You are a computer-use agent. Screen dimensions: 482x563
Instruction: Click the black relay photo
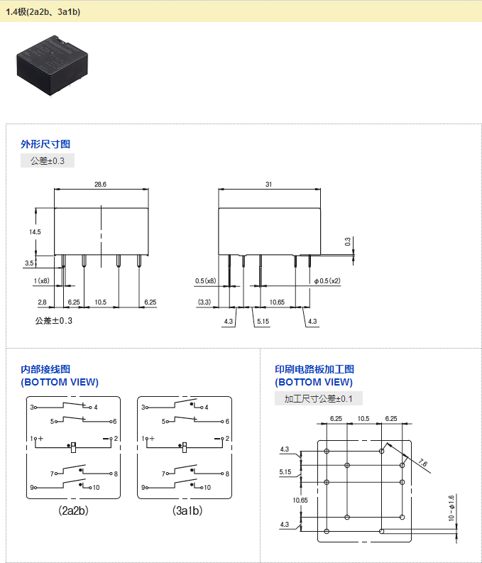(52, 66)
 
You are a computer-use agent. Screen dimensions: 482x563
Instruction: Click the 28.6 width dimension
(101, 184)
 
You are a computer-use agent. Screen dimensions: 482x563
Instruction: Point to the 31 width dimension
(269, 184)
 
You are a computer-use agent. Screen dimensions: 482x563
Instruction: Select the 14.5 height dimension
(35, 232)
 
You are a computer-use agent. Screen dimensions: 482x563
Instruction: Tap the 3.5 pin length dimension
(29, 263)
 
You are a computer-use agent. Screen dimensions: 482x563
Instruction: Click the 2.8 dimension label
(42, 302)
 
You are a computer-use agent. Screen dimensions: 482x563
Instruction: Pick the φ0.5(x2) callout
(327, 280)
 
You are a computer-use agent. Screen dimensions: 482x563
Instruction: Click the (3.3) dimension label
(204, 302)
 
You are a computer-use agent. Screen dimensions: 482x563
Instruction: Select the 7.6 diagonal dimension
(423, 463)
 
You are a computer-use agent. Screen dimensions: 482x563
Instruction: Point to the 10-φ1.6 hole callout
(451, 508)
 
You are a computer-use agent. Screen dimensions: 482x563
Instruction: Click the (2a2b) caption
(73, 510)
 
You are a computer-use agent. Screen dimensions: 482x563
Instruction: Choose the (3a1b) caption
(187, 510)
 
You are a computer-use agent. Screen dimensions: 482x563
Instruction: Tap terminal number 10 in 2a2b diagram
(96, 488)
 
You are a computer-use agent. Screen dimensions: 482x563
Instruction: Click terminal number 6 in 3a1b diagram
(227, 422)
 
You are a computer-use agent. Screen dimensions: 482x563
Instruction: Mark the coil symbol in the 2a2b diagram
(73, 447)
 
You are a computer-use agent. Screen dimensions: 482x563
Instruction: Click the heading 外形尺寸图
(45, 144)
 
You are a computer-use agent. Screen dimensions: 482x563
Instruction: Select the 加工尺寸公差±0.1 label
(318, 398)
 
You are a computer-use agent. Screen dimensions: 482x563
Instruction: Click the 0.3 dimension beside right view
(348, 241)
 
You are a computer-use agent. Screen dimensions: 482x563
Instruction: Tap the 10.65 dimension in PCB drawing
(300, 500)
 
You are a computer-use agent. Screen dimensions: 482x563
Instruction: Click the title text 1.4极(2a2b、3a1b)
(43, 12)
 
